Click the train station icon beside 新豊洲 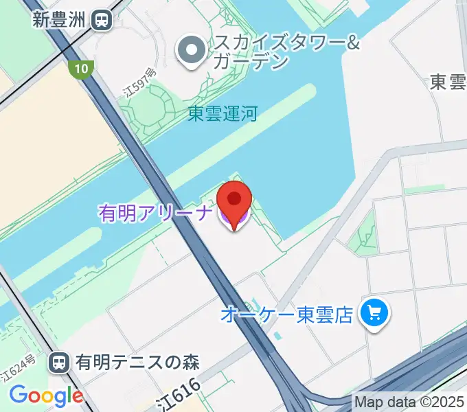point(102,20)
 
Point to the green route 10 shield point(81,67)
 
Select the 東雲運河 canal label point(223,113)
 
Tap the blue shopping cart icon point(374,314)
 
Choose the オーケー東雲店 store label point(286,314)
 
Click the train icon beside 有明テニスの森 point(60,361)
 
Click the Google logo point(46,396)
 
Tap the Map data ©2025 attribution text point(409,401)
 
